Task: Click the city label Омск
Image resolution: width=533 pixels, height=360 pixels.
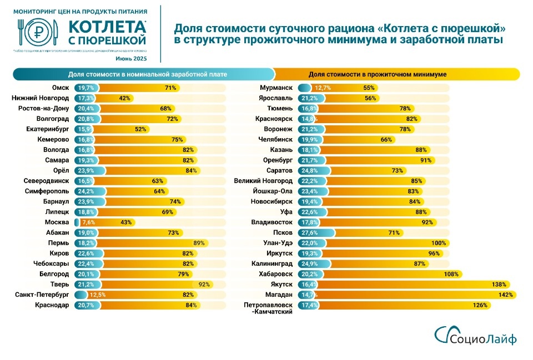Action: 59,88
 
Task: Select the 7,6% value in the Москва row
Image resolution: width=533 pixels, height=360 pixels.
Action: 89,222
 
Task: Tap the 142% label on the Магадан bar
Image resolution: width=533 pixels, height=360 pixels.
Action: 505,295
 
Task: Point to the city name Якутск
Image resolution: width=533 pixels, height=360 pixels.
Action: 280,284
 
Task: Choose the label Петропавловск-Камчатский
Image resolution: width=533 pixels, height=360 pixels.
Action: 268,308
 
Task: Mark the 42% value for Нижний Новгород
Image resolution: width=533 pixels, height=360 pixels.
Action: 124,98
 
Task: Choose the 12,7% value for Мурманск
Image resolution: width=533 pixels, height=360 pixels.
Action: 323,88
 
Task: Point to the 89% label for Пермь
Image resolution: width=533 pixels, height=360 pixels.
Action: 199,243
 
